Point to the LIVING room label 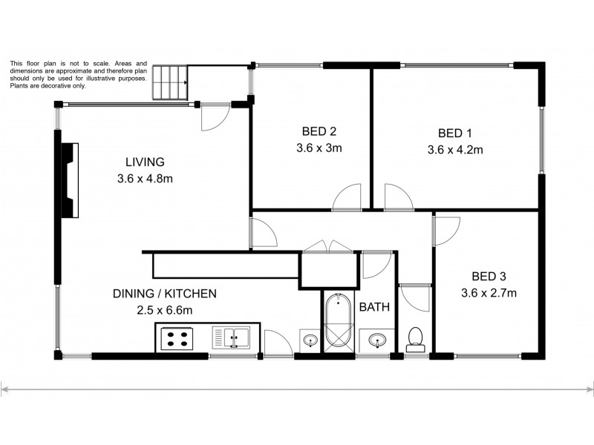(144, 162)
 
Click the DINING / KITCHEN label (164, 294)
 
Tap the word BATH (374, 306)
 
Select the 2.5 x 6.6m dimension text (164, 310)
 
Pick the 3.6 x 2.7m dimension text (488, 293)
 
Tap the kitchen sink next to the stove (234, 338)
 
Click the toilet (417, 338)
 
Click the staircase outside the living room (170, 82)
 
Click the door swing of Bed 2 (346, 199)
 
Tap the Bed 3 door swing (447, 230)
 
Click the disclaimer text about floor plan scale (78, 75)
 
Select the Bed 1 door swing (397, 198)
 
